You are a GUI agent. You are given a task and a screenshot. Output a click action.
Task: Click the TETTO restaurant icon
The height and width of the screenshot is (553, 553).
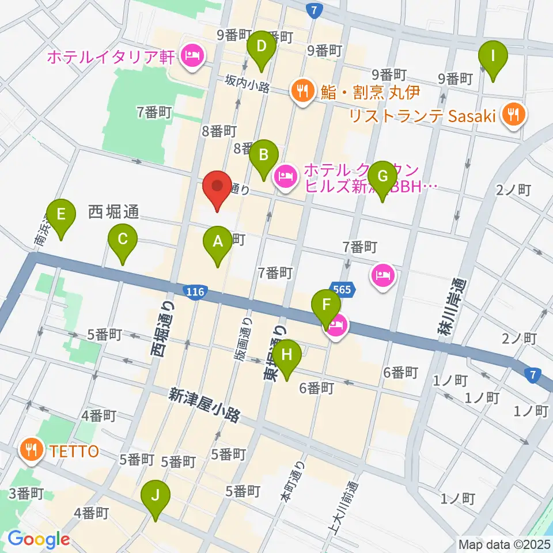[29, 449]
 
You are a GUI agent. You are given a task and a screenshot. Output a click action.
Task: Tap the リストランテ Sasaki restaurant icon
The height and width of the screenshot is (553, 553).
[511, 113]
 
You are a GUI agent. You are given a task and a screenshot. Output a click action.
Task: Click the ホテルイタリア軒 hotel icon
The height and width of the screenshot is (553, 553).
[190, 56]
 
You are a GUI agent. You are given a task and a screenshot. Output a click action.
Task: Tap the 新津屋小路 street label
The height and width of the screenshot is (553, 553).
[204, 405]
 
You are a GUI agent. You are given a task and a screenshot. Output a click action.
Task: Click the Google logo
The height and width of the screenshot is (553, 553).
[38, 540]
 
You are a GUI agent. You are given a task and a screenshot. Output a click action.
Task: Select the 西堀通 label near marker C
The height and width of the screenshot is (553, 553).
[113, 212]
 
